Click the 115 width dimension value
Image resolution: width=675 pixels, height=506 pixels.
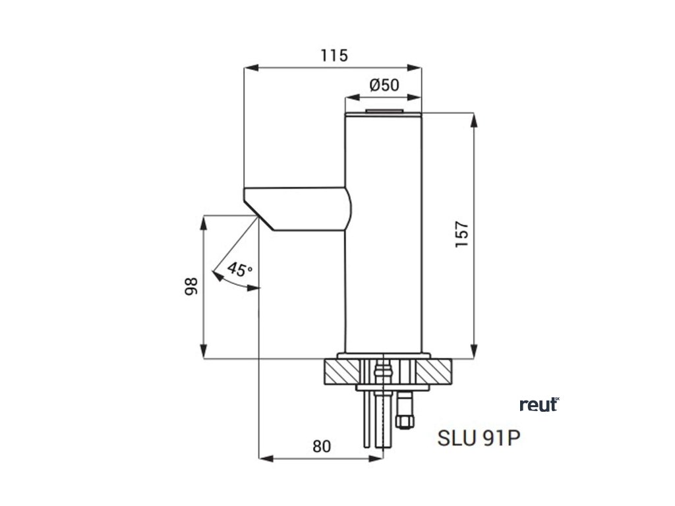click(x=334, y=56)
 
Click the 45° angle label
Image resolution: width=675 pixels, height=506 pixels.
click(x=239, y=269)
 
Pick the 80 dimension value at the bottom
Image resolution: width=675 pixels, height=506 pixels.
click(x=320, y=446)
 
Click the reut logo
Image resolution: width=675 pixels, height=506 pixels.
click(x=539, y=405)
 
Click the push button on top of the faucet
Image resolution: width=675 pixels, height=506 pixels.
click(x=384, y=111)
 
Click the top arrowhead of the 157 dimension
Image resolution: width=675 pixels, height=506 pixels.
click(x=473, y=117)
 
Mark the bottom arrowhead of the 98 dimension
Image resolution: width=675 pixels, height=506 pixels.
click(x=203, y=354)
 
